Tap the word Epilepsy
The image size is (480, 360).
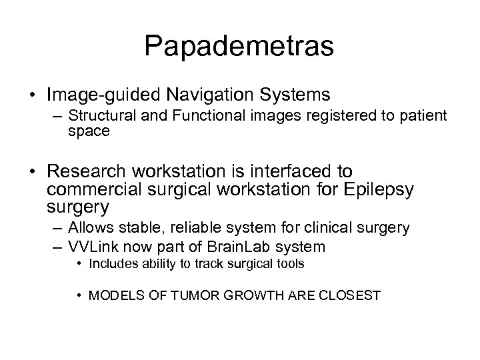pos(376,191)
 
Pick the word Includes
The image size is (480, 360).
pos(118,264)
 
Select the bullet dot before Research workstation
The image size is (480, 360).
pos(32,173)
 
